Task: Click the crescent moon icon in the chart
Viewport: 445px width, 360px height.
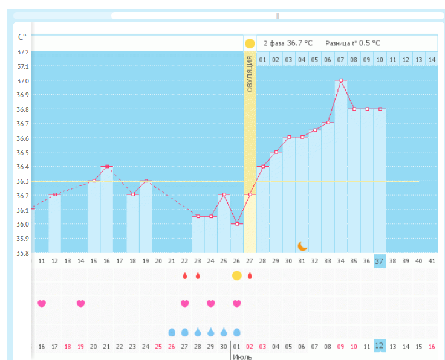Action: tap(303, 246)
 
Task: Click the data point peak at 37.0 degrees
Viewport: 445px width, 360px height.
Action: tap(341, 80)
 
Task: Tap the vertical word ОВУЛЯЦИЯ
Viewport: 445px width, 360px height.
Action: tap(250, 73)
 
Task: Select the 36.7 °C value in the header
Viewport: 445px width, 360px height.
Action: tap(300, 43)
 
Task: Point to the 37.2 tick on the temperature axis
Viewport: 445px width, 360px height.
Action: tap(22, 52)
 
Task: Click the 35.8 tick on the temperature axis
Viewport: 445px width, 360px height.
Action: tap(22, 253)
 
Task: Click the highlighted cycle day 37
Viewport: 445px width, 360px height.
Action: tap(380, 261)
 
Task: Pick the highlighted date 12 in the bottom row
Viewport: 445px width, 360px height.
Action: tap(380, 346)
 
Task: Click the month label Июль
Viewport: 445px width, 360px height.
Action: tap(242, 357)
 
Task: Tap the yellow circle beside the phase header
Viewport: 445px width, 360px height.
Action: tap(250, 43)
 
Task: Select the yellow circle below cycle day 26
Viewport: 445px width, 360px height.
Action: tap(237, 275)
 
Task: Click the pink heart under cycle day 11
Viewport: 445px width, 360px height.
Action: tap(42, 303)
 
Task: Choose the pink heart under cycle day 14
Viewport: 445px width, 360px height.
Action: tap(81, 303)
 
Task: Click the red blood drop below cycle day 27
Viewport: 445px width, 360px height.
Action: tap(250, 275)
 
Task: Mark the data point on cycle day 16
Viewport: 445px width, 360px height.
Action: tap(107, 166)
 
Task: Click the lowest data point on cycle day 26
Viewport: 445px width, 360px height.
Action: tap(237, 224)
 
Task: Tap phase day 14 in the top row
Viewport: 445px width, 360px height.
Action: tap(431, 60)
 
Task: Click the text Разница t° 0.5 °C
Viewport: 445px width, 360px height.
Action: tap(353, 43)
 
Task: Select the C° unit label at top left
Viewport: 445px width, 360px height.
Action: tap(22, 37)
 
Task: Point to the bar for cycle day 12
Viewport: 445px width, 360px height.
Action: tap(55, 223)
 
